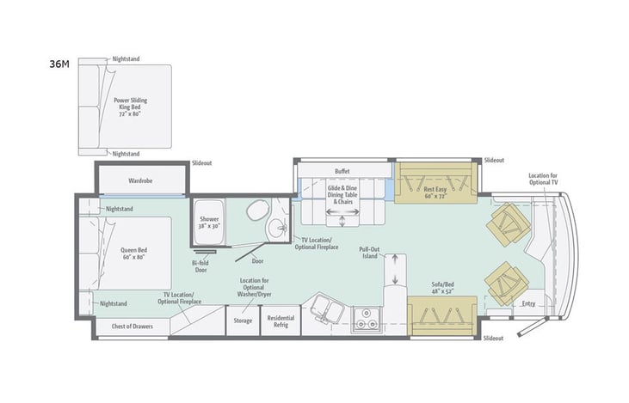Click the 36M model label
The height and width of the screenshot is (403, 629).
pos(59,64)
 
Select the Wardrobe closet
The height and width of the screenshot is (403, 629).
pos(140,181)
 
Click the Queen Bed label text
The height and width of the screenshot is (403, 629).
pos(135,254)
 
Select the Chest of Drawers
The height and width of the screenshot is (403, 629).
pos(132,327)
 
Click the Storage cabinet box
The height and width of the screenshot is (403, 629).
pos(243,321)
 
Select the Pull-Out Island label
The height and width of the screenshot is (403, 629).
pos(370,253)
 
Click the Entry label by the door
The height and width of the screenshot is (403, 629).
pos(528,303)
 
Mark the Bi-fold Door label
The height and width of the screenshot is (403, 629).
pos(200,266)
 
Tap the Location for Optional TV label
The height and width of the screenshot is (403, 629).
pos(543,179)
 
